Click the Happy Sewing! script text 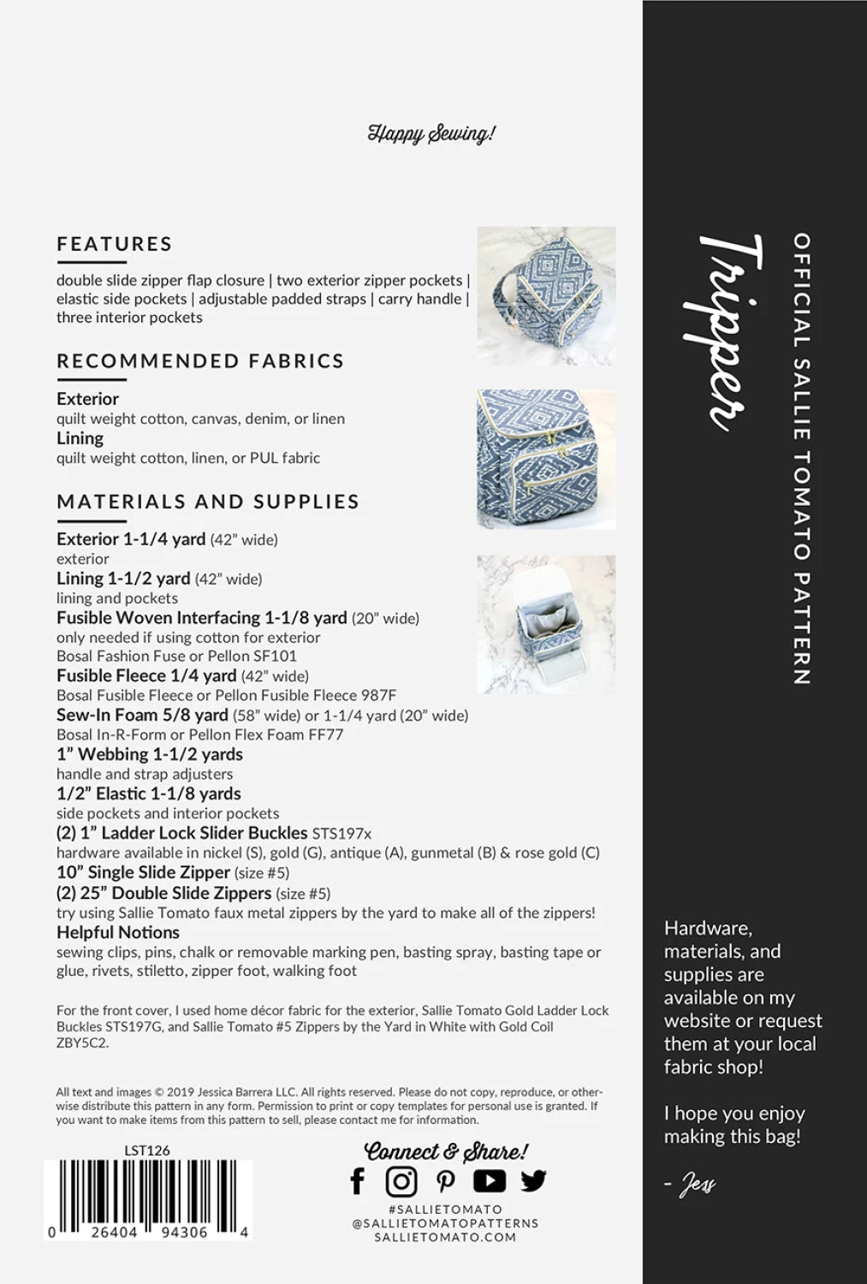tap(431, 134)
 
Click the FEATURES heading tap(115, 244)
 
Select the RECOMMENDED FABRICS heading tap(200, 361)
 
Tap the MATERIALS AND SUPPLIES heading tap(208, 502)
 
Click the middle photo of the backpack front tap(546, 459)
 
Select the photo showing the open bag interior tap(546, 624)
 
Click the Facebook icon tap(358, 1181)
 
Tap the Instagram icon tap(401, 1181)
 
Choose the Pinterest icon tap(445, 1181)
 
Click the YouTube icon tap(489, 1181)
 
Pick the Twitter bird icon tap(533, 1181)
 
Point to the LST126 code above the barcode tap(147, 1150)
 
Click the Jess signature tap(694, 1185)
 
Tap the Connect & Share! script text tap(446, 1152)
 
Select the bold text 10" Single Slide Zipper tap(143, 872)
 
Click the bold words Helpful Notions tap(118, 932)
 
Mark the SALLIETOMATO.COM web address tap(445, 1236)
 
